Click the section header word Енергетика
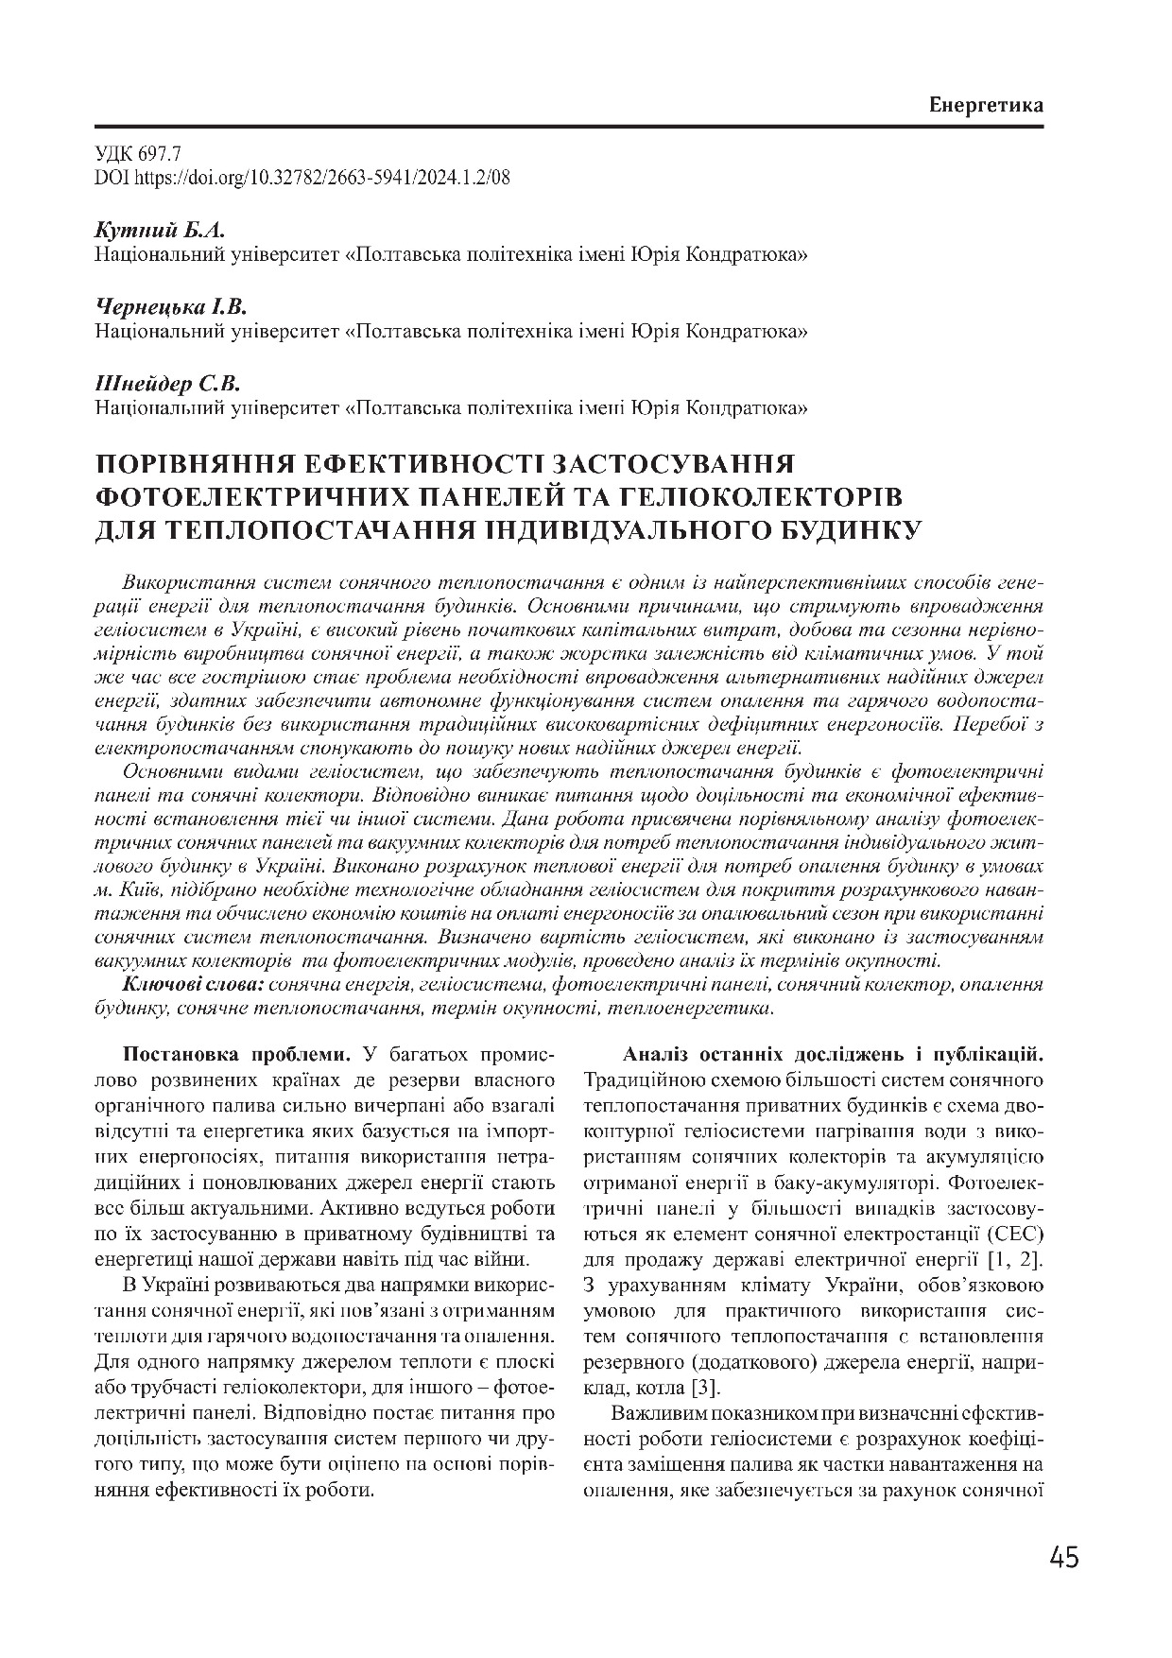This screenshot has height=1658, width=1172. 986,105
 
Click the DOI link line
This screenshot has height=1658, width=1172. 302,177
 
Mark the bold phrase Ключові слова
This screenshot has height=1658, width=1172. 193,985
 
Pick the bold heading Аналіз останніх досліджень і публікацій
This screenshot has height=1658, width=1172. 832,1055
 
